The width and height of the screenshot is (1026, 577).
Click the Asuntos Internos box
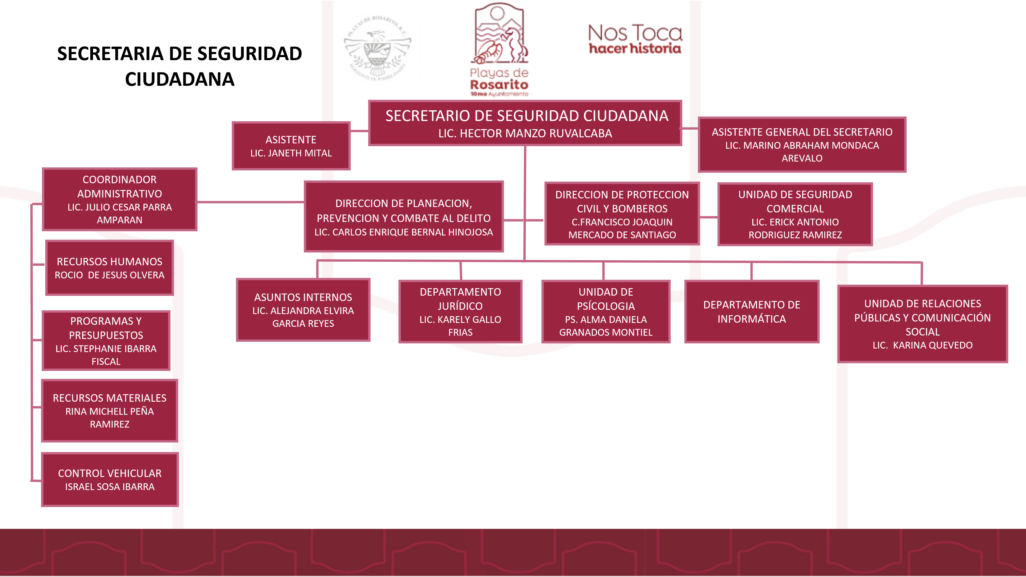303,310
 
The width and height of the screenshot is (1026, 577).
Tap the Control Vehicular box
110,480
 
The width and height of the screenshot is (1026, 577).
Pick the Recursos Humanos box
110,268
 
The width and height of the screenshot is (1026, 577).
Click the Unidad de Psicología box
606,311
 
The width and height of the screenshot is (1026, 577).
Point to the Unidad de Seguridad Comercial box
795,214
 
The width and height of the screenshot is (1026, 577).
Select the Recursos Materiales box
110,411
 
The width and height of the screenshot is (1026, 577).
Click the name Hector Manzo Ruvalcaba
525,133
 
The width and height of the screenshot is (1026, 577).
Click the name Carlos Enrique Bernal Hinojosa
403,232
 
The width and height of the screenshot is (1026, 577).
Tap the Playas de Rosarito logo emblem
499,36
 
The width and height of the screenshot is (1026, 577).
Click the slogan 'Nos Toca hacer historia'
635,39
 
